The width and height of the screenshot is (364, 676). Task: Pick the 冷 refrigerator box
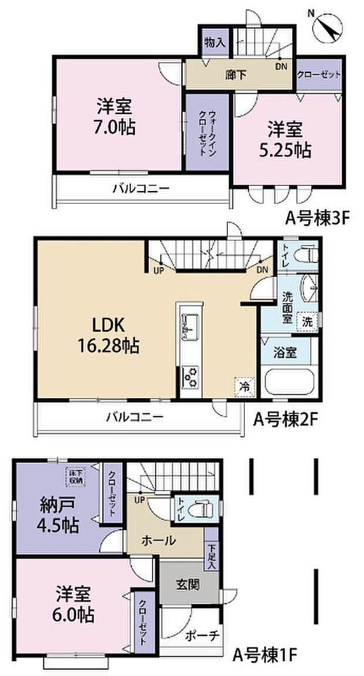tap(244, 387)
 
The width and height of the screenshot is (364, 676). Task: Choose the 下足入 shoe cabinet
tap(211, 555)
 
